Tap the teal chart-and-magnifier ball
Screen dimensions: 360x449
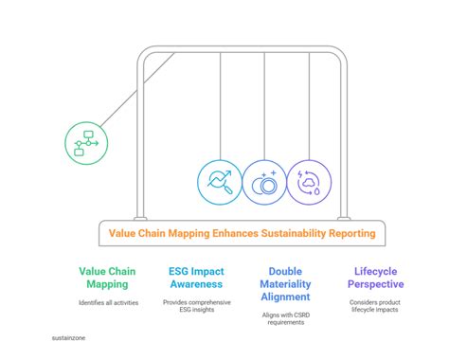[220, 182]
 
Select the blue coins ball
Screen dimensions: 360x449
[265, 182]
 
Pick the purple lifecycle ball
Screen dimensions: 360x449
[311, 182]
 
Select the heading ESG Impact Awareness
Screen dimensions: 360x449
[196, 277]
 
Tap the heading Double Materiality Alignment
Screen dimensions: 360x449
[285, 283]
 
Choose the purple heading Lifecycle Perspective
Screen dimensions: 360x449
[371, 277]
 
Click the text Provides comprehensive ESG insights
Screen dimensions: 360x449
[196, 308]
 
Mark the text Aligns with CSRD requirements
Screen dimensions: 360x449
[285, 318]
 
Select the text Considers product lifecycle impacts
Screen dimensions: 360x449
[371, 308]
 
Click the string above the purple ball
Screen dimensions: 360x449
[311, 104]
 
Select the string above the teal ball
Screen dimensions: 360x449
[220, 104]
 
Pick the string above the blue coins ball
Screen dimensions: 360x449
[265, 104]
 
